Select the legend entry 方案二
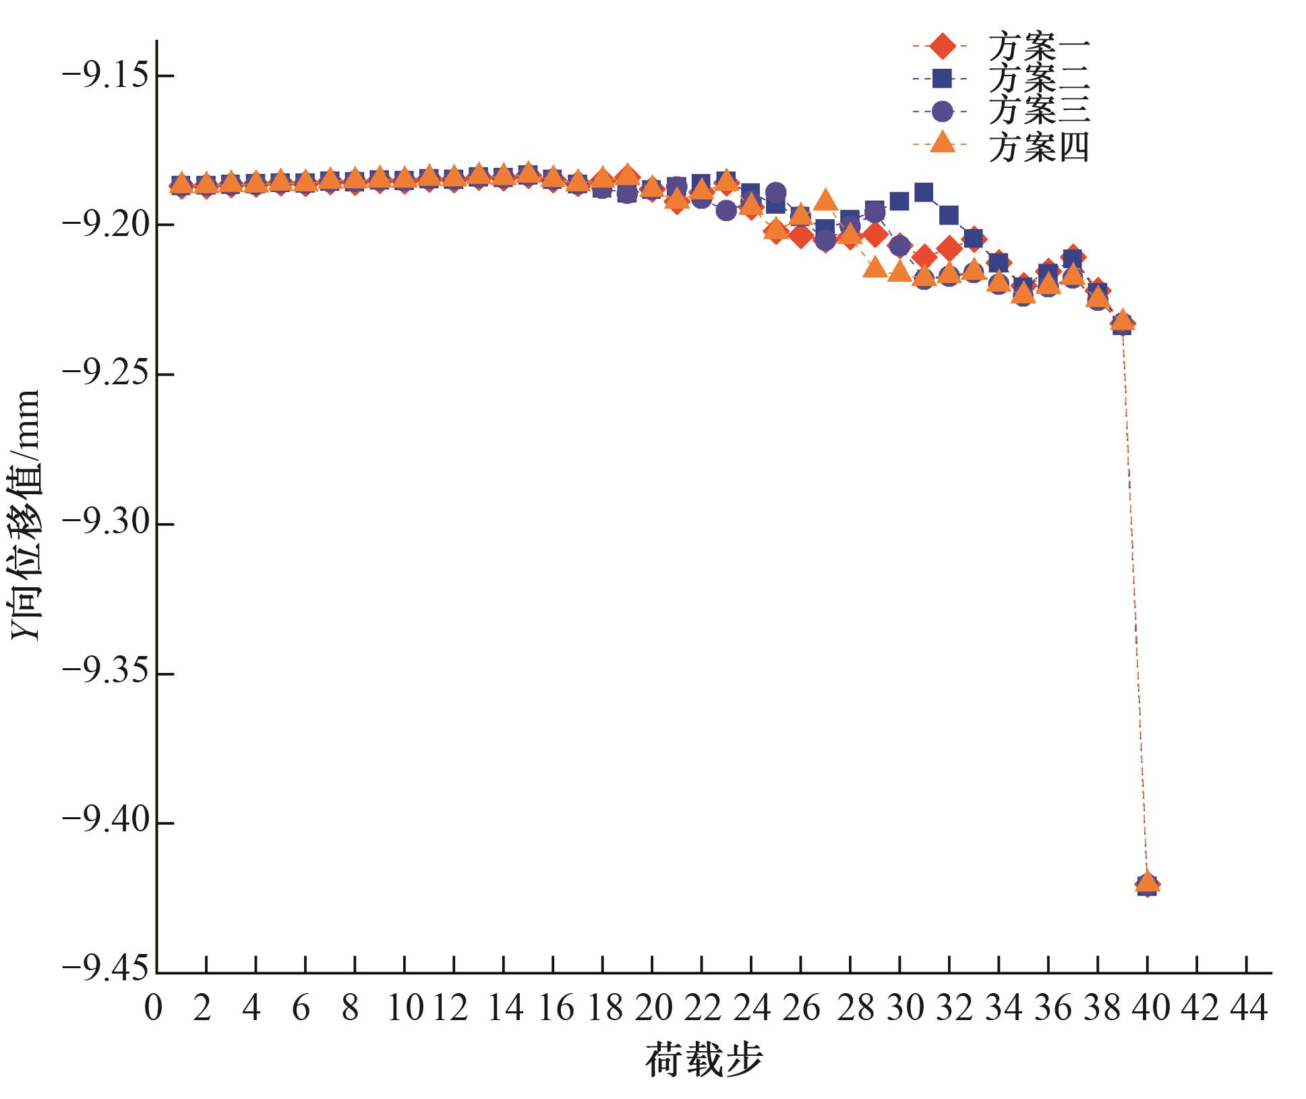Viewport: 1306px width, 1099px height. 1039,80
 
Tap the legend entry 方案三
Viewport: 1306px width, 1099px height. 1039,111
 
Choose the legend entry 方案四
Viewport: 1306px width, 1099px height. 1039,147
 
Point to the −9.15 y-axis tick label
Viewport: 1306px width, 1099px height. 108,76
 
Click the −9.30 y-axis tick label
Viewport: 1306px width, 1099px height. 108,525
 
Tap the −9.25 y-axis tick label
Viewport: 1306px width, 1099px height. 108,375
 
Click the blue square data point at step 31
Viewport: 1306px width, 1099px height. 924,194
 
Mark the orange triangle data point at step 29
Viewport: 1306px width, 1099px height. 874,268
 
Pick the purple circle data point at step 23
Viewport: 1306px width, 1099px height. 726,211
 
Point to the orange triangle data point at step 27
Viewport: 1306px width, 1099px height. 825,200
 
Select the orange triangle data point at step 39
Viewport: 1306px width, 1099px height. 1123,322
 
